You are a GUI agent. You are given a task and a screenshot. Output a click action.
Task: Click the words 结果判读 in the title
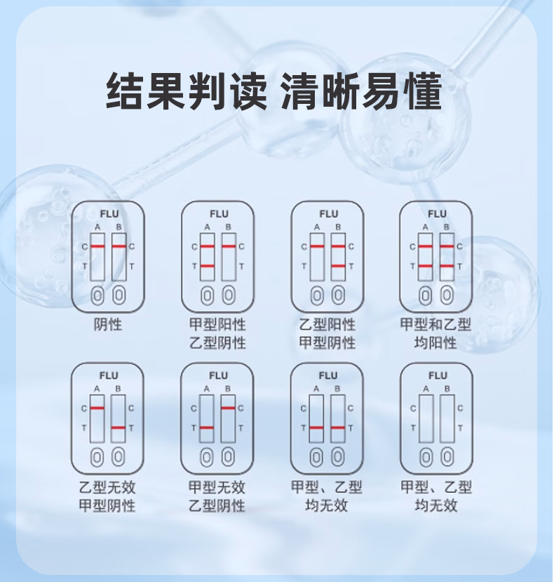tap(186, 91)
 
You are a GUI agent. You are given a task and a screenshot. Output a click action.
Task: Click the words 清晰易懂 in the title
tap(362, 91)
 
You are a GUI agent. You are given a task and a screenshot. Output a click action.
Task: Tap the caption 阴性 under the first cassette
tap(108, 324)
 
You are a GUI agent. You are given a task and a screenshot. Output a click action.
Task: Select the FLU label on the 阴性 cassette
tap(109, 213)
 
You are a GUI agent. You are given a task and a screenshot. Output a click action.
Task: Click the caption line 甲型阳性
tap(217, 324)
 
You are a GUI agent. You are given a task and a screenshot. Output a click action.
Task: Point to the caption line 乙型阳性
tap(327, 324)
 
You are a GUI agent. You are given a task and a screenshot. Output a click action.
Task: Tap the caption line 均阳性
tap(436, 343)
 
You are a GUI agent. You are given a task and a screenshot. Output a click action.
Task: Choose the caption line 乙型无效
tap(107, 487)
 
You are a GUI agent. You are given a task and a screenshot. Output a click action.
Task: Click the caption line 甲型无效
tap(217, 487)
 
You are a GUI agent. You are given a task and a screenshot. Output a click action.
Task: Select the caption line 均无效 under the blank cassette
tap(436, 505)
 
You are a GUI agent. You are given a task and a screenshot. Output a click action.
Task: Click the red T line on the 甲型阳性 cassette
tap(207, 266)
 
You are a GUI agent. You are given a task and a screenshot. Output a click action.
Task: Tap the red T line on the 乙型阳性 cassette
tap(339, 266)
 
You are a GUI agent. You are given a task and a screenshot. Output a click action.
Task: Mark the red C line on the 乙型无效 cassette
tap(97, 408)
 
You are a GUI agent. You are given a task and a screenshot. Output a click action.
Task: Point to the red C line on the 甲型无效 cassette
tap(228, 408)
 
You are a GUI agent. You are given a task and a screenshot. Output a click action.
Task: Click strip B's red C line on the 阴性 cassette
tap(119, 246)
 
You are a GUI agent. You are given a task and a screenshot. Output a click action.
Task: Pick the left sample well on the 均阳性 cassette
tap(426, 294)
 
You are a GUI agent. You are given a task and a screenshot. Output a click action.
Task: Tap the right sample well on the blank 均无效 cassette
tap(447, 457)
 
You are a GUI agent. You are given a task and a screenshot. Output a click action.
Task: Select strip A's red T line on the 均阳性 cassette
tap(426, 266)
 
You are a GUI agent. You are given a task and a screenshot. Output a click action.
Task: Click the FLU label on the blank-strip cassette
tap(438, 376)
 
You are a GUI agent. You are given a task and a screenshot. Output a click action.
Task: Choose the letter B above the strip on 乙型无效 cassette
tap(119, 389)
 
